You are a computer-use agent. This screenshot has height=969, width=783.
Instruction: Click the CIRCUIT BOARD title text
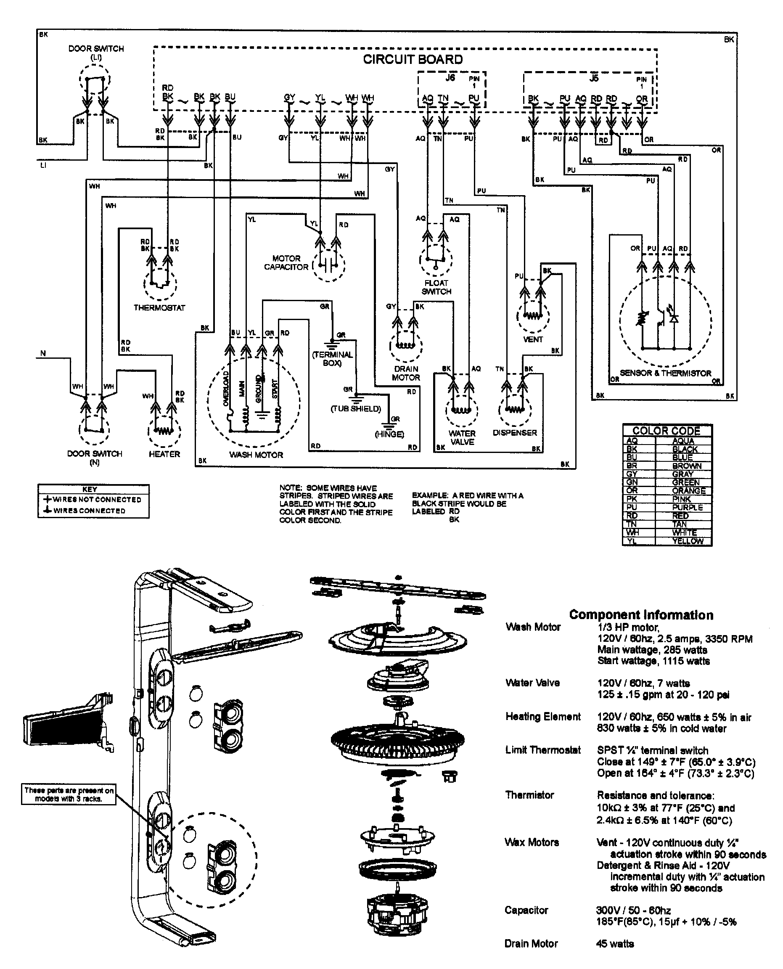pyautogui.click(x=413, y=60)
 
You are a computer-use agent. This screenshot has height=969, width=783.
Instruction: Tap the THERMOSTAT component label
pyautogui.click(x=159, y=308)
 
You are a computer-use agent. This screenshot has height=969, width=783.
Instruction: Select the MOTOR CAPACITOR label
pyautogui.click(x=286, y=262)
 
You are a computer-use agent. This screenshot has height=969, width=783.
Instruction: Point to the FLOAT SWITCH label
pyautogui.click(x=436, y=287)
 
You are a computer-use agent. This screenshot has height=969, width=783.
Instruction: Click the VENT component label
pyautogui.click(x=533, y=339)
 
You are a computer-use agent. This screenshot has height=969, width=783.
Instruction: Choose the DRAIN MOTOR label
pyautogui.click(x=406, y=373)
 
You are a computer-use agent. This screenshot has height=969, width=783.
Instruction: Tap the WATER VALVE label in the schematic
pyautogui.click(x=462, y=437)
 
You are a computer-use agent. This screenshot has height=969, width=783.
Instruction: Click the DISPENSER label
pyautogui.click(x=515, y=433)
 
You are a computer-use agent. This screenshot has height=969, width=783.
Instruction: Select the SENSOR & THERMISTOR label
pyautogui.click(x=665, y=373)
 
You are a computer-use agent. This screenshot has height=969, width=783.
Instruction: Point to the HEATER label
pyautogui.click(x=164, y=454)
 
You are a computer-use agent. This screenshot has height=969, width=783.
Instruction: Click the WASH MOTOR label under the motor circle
pyautogui.click(x=256, y=455)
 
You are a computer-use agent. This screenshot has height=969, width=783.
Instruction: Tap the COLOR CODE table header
pyautogui.click(x=666, y=431)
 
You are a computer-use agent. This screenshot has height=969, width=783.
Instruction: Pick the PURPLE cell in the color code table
pyautogui.click(x=687, y=507)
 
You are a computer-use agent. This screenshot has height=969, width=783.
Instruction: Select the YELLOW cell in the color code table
pyautogui.click(x=688, y=541)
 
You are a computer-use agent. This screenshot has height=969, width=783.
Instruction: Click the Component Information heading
pyautogui.click(x=641, y=615)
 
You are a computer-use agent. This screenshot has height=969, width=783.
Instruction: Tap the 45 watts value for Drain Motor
pyautogui.click(x=615, y=943)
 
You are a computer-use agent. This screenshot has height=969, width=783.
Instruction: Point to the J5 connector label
pyautogui.click(x=594, y=78)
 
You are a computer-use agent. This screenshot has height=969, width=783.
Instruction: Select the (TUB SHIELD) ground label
pyautogui.click(x=356, y=409)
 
